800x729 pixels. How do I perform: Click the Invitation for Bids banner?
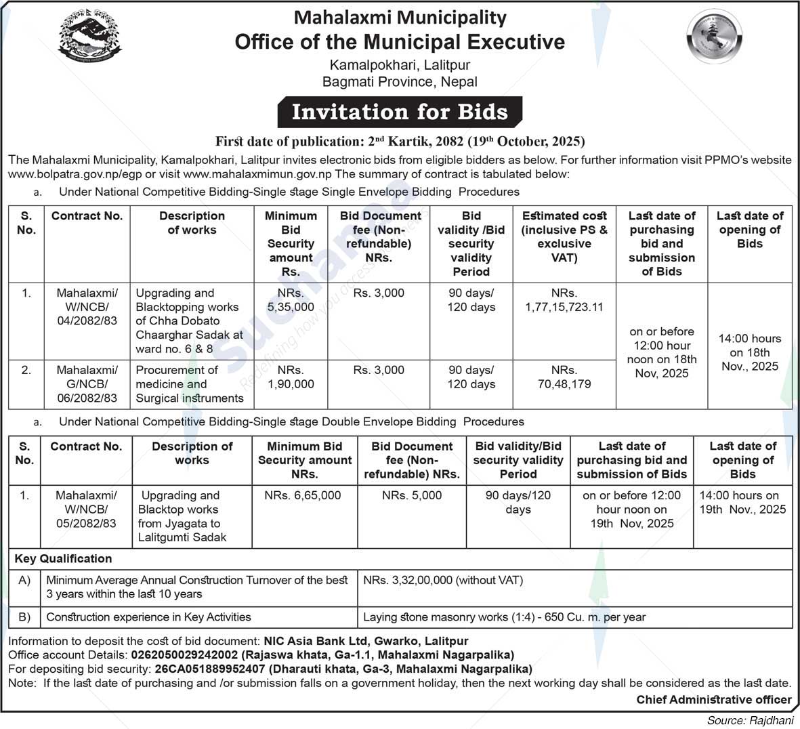click(400, 112)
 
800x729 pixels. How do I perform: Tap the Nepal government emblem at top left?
click(90, 38)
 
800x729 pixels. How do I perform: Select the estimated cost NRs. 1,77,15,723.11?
click(564, 300)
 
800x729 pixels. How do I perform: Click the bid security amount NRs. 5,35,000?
click(291, 300)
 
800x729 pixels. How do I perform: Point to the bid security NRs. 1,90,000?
click(291, 377)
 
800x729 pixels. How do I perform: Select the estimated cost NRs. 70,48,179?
click(564, 377)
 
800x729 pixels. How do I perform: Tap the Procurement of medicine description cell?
click(189, 384)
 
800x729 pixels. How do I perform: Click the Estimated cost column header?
click(564, 236)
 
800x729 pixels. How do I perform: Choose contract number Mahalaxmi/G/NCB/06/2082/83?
click(87, 384)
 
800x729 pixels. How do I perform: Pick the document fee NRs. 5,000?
click(411, 495)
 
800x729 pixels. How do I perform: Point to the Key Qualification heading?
click(64, 559)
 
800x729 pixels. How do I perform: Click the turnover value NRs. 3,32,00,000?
click(443, 580)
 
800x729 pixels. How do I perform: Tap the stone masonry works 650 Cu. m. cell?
click(504, 617)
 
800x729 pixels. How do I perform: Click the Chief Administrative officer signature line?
click(713, 700)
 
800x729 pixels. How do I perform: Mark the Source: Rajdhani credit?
click(749, 720)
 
